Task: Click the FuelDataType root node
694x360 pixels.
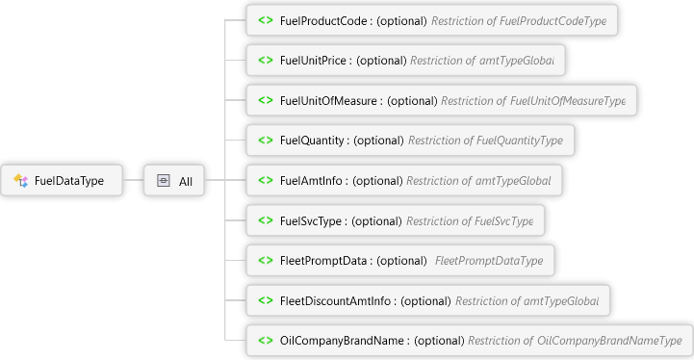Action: pyautogui.click(x=62, y=180)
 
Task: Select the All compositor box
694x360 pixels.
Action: pyautogui.click(x=174, y=180)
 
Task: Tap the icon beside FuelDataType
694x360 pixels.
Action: pyautogui.click(x=20, y=180)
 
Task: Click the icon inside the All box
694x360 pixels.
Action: pyautogui.click(x=164, y=180)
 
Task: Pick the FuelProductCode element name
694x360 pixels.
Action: pyautogui.click(x=323, y=21)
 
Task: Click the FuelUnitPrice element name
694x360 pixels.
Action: pyautogui.click(x=313, y=61)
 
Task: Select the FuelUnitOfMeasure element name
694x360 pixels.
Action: pyautogui.click(x=328, y=100)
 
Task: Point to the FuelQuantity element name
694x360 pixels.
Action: pyautogui.click(x=312, y=141)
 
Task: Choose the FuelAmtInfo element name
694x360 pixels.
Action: pyautogui.click(x=311, y=181)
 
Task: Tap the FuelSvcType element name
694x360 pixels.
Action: pyautogui.click(x=311, y=220)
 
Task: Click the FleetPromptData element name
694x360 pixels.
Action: pyautogui.click(x=323, y=260)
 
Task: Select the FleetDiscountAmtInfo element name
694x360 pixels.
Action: pyautogui.click(x=335, y=300)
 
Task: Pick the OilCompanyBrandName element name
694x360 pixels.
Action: pyautogui.click(x=342, y=341)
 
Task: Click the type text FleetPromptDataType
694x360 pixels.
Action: pyautogui.click(x=489, y=260)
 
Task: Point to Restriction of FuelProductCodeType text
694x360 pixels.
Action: pyautogui.click(x=519, y=21)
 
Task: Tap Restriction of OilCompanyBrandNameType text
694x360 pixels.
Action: pyautogui.click(x=575, y=341)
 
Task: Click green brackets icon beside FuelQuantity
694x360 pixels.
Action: pyautogui.click(x=266, y=140)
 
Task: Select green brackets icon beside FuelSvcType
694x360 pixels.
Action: pyautogui.click(x=266, y=220)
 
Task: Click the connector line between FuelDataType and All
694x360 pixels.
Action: pyautogui.click(x=133, y=180)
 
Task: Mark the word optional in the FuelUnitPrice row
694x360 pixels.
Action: pyautogui.click(x=381, y=61)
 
